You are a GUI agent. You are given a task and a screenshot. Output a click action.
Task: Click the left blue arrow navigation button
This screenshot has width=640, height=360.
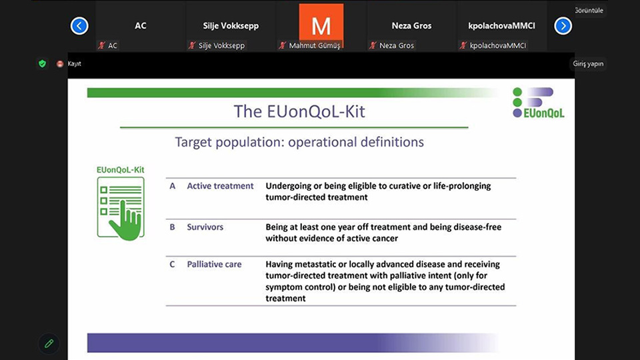[79, 26]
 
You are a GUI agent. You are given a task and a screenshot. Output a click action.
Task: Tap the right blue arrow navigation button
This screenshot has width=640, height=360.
[563, 26]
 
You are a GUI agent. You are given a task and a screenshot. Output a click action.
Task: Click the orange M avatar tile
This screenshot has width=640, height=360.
[321, 25]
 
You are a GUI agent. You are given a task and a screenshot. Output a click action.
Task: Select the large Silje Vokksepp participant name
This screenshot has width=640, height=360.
[231, 26]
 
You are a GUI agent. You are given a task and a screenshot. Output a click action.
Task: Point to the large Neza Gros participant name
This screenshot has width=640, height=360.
[411, 26]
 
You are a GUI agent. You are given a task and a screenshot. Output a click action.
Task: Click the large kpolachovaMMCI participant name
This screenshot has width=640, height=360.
[501, 26]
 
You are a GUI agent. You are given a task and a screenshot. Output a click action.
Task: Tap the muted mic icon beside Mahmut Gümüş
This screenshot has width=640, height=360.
[283, 45]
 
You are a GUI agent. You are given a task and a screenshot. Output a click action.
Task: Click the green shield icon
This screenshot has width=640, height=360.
[42, 64]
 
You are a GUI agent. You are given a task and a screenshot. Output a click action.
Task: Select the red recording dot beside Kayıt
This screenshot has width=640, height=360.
[60, 64]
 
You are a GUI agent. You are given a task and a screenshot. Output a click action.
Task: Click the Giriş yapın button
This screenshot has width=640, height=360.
[588, 64]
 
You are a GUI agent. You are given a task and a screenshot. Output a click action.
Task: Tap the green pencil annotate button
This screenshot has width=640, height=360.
[49, 344]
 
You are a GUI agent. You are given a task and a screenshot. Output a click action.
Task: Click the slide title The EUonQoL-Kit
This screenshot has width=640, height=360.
[299, 111]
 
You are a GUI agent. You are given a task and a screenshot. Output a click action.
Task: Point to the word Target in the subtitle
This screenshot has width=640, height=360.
[193, 142]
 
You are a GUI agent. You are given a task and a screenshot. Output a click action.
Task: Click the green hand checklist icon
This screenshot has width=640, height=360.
[121, 209]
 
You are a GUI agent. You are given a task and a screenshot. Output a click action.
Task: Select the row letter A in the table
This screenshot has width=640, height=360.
[173, 186]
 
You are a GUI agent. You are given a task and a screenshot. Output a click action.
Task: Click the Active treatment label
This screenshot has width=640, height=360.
[220, 186]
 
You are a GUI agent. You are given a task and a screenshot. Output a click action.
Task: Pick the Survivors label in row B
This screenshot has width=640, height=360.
[205, 227]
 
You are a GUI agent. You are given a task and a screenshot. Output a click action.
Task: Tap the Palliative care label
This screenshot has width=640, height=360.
[214, 265]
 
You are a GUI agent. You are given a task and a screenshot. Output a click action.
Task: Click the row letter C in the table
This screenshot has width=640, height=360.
[172, 265]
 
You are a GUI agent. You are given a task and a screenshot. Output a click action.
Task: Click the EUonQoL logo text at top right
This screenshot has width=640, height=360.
[544, 113]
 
